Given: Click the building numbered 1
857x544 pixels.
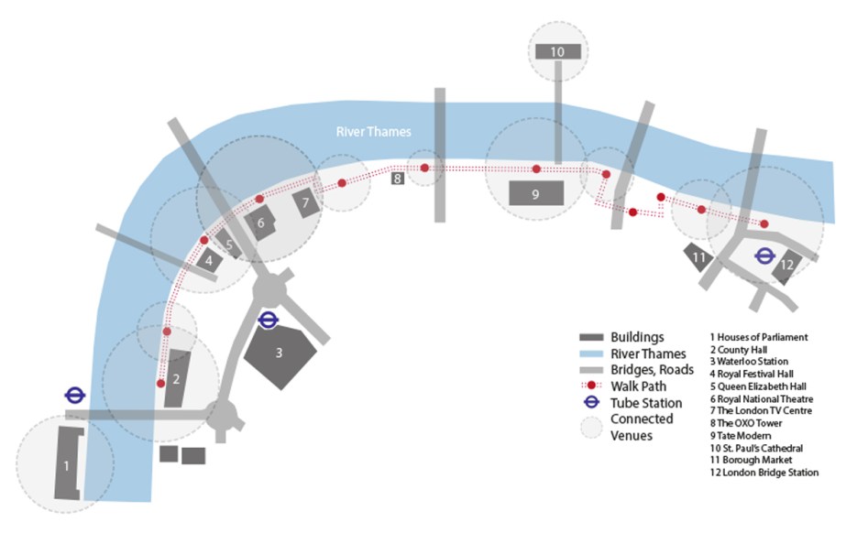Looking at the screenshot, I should (x=66, y=463).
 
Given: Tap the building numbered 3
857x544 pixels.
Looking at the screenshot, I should (x=280, y=353).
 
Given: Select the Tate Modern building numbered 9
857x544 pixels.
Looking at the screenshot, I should (x=535, y=193).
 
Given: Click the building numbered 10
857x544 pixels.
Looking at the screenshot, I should (x=558, y=52).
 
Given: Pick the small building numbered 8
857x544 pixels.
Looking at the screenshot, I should (x=398, y=179).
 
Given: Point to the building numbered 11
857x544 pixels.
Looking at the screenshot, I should (x=699, y=258).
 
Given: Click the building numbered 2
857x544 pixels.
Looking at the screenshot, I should (x=176, y=377).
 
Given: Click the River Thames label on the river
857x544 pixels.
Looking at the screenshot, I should (x=373, y=132).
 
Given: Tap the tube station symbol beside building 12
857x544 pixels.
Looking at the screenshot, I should (x=764, y=256).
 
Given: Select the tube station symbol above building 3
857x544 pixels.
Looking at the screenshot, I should (x=269, y=320).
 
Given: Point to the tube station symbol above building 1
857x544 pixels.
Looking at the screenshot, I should (x=75, y=395).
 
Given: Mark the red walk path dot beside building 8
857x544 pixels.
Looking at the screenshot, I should (x=424, y=168).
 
